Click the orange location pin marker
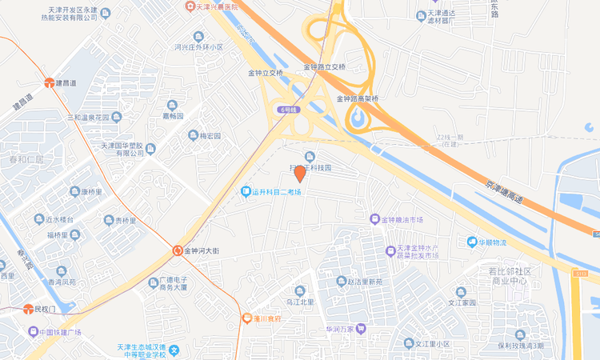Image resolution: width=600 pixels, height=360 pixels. pos(299,173)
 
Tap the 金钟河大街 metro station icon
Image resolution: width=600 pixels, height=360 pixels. pos(178,250)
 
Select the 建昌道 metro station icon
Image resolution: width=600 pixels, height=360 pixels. pos(50,82)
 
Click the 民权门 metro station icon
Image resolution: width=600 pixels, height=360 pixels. pos(26,309)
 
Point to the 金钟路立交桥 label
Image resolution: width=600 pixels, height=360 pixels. pos(326,67)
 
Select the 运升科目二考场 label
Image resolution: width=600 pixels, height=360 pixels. pos(277,192)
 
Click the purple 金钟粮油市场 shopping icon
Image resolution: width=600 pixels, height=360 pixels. pos(373,218)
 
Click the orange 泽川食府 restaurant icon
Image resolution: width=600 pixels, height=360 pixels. pos(246,318)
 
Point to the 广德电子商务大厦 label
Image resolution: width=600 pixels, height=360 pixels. pos(172,282)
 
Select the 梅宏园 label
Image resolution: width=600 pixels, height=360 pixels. pos(210,135)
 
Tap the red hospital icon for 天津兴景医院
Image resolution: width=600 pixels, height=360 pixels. pos(190,6)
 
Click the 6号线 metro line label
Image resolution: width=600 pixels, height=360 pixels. pos(289,109)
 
